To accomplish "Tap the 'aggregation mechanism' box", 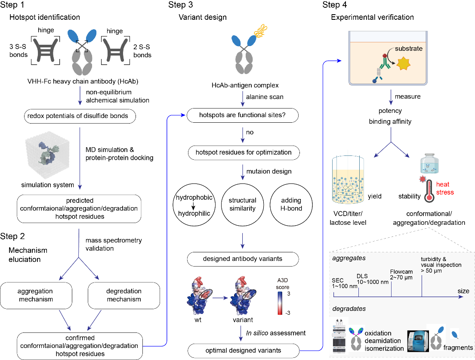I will pos(35,295).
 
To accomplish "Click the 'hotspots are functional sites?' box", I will pos(243,115).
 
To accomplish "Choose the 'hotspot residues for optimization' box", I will pos(243,152).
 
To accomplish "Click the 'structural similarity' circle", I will pos(243,204).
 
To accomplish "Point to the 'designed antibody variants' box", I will pos(243,259).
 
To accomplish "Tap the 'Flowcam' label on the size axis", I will pos(401,272).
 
